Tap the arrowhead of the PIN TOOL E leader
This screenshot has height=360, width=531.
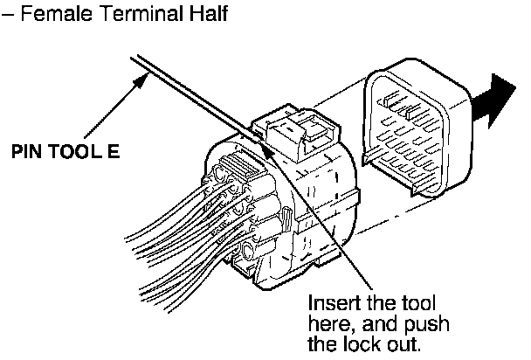tap(141, 78)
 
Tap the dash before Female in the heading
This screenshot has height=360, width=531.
tap(8, 17)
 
